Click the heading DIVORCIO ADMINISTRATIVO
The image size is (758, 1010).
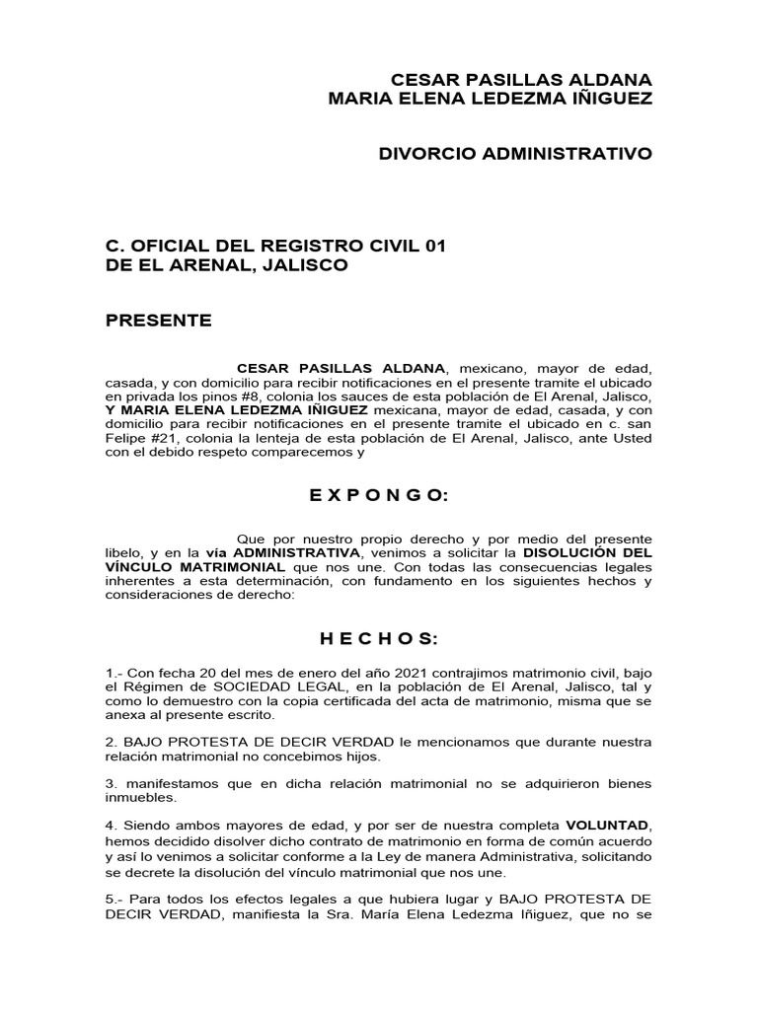click(516, 154)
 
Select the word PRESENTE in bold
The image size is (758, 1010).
click(159, 321)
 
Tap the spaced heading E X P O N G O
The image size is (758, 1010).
click(378, 496)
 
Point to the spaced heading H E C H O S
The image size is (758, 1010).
click(378, 640)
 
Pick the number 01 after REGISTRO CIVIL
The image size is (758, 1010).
click(435, 246)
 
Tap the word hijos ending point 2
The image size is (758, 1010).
click(360, 757)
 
